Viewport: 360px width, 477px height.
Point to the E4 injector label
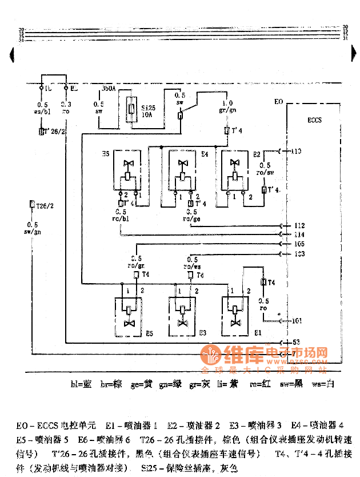204,154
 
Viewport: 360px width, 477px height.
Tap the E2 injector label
258,154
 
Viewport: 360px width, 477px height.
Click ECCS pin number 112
298,225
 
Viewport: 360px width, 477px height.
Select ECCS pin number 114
298,234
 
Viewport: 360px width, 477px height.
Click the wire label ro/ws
192,266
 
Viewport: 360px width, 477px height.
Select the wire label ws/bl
42,113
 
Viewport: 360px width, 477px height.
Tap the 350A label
109,89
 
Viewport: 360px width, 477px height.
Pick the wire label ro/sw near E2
266,171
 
